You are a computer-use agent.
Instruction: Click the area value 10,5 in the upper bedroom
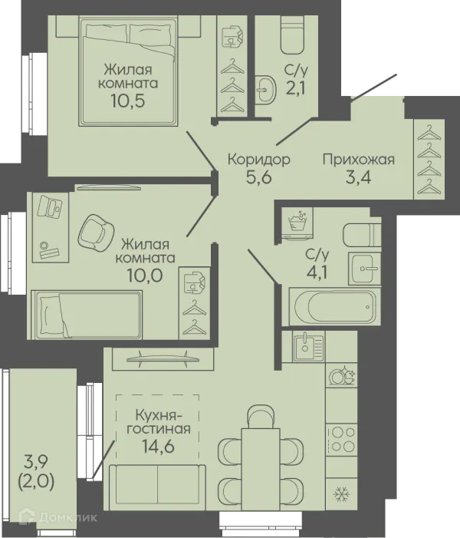point(127,101)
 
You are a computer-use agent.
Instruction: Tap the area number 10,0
point(145,276)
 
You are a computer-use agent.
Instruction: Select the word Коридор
point(259,160)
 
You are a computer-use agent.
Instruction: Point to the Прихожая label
point(359,160)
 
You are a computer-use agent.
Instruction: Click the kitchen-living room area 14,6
point(159,447)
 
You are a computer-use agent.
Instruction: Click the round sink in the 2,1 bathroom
point(265,90)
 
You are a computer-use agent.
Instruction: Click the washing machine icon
point(297,223)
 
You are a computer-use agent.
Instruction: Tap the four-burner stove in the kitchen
point(341,441)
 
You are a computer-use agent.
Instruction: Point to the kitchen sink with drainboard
point(308,346)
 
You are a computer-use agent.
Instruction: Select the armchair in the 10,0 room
point(96,232)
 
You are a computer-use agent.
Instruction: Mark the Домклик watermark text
point(68,517)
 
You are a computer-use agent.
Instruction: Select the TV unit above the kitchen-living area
point(163,359)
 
